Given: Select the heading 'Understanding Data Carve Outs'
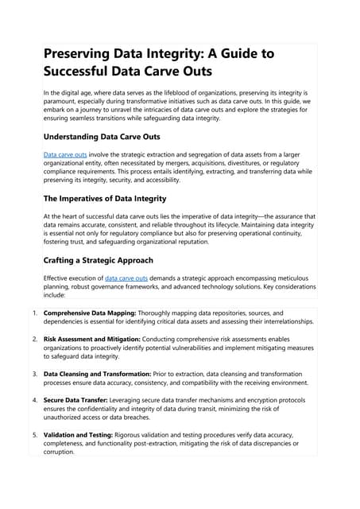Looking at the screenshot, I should click(x=102, y=136).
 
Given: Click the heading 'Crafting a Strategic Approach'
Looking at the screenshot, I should click(x=100, y=260).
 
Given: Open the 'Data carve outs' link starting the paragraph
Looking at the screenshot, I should click(x=65, y=153).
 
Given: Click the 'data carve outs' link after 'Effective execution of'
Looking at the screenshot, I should click(x=126, y=278).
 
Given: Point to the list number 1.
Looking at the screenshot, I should click(x=34, y=313).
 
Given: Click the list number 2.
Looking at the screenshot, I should click(x=34, y=339).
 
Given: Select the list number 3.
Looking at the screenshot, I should click(x=34, y=373).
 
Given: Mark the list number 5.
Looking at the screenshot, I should click(x=34, y=434).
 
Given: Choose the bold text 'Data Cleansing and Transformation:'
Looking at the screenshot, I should click(x=103, y=373).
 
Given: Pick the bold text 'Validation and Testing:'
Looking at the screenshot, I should click(x=78, y=434).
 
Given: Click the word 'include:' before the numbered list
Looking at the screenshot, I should click(x=57, y=294).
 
